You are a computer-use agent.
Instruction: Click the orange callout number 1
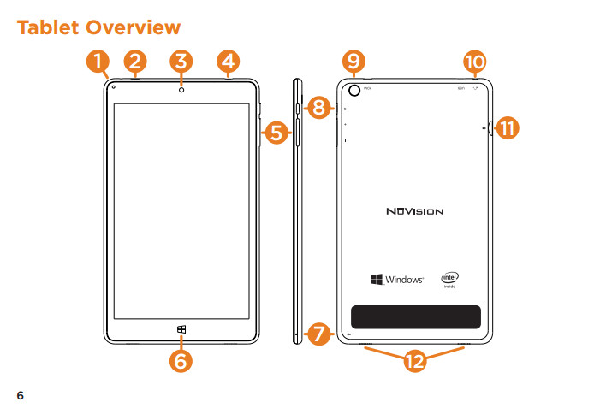[x=98, y=62]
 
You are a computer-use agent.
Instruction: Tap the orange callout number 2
[x=136, y=62]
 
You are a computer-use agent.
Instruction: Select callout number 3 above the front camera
[x=181, y=62]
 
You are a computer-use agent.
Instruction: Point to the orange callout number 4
[x=228, y=62]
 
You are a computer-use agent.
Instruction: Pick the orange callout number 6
[x=181, y=361]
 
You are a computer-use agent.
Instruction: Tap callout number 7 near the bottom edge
[x=318, y=334]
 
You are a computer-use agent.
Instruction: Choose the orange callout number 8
[x=318, y=109]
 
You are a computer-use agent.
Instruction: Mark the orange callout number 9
[x=353, y=62]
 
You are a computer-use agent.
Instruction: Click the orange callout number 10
[x=473, y=62]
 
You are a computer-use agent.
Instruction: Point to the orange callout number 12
[x=415, y=362]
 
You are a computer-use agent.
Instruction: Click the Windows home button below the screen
[x=181, y=329]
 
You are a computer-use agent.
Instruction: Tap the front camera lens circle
[x=181, y=88]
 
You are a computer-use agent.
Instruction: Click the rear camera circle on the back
[x=355, y=88]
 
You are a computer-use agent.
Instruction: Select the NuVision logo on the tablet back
[x=414, y=210]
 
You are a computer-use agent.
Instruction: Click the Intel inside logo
[x=450, y=280]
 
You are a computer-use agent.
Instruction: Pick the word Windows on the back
[x=405, y=280]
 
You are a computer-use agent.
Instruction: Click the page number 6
[x=21, y=395]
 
